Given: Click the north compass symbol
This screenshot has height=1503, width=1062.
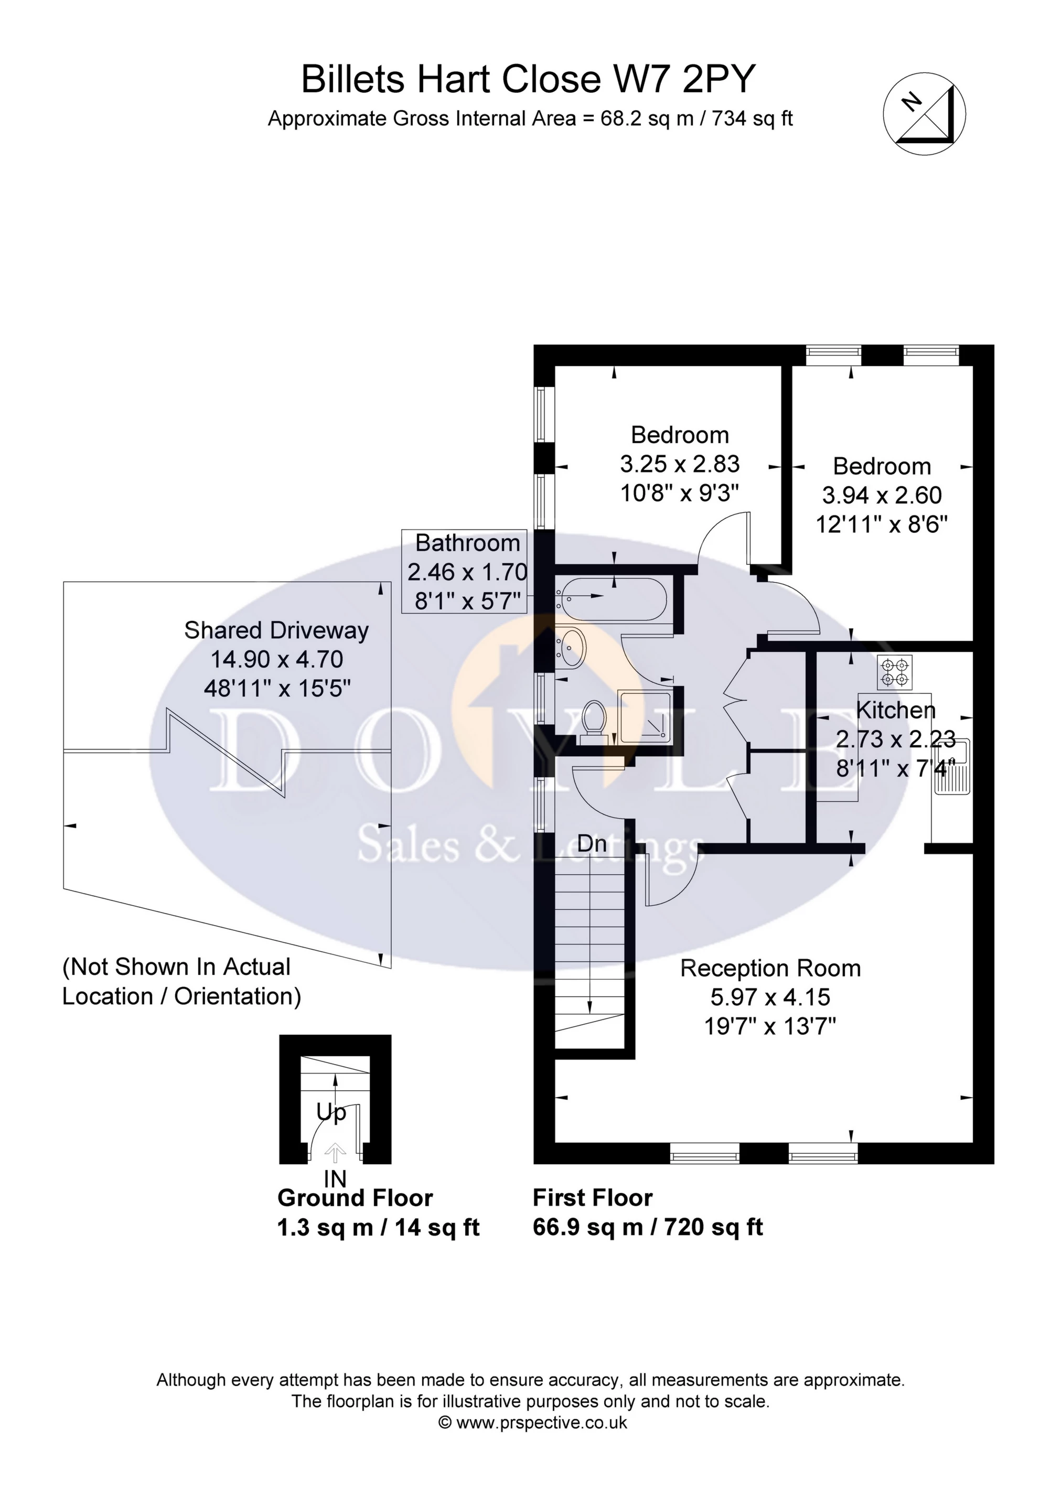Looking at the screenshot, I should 925,114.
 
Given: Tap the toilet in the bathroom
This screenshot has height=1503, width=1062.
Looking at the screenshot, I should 594,720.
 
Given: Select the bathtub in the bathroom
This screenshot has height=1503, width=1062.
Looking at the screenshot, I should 611,598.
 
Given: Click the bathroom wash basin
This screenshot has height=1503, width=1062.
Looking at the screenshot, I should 572,648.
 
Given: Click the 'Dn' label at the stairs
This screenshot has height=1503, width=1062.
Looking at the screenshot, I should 592,844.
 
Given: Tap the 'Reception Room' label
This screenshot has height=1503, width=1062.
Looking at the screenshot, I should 770,968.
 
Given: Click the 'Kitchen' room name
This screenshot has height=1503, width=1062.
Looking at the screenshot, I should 895,710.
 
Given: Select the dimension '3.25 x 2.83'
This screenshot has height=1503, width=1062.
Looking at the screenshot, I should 680,464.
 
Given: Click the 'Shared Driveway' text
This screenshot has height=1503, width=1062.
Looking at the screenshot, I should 276,630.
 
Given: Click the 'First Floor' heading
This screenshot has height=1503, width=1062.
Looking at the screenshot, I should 593,1198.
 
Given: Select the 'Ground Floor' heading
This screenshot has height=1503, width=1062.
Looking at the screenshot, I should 355,1198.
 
